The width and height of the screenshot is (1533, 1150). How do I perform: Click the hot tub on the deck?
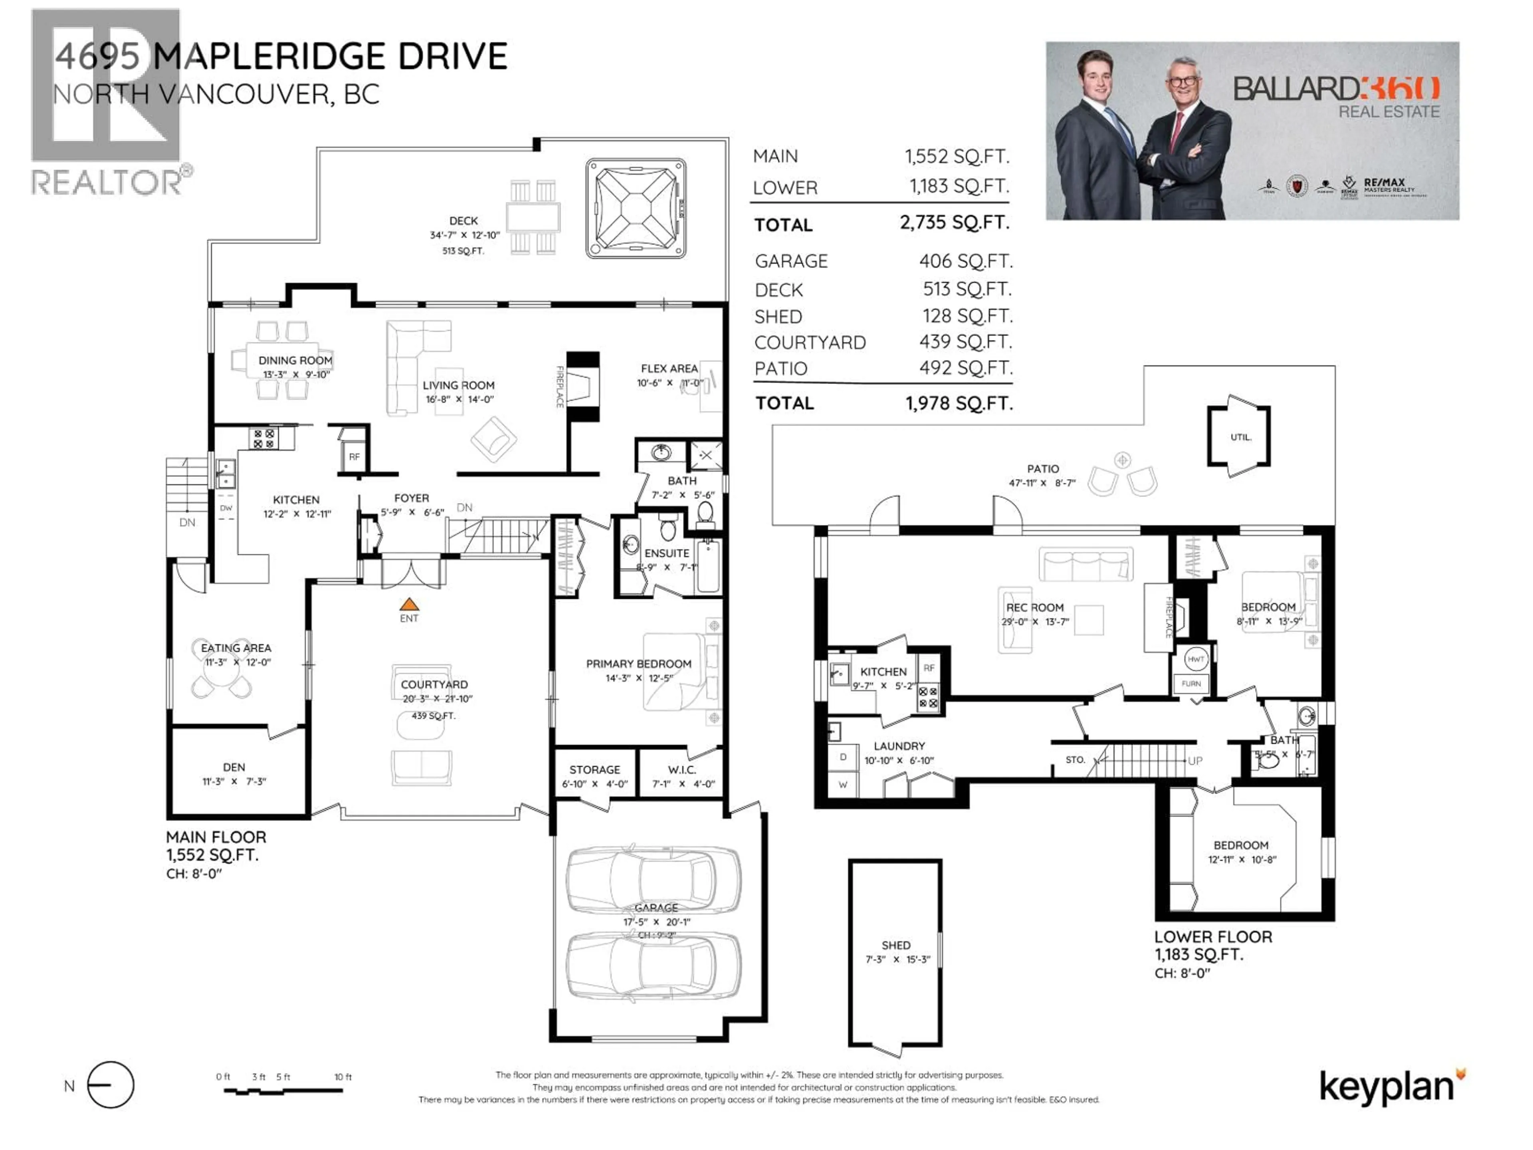tap(636, 208)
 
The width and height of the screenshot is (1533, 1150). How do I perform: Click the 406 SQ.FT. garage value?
tap(965, 261)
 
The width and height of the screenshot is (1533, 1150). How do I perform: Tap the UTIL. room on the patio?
tap(1240, 437)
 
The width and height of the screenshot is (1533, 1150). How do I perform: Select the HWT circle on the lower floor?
tap(1196, 658)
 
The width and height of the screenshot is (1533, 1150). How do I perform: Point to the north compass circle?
tap(111, 1085)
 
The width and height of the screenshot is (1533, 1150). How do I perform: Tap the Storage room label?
tap(594, 769)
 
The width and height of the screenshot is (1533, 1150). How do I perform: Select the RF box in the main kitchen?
tap(354, 457)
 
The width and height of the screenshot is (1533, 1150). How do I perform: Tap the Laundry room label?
tap(899, 746)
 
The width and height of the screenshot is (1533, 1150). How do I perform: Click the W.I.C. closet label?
tap(682, 769)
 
